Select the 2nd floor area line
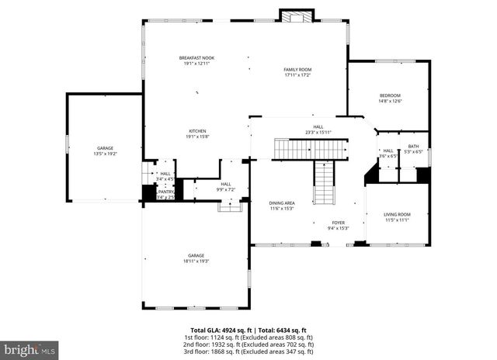pyautogui.click(x=248, y=344)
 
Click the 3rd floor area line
pyautogui.click(x=248, y=351)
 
